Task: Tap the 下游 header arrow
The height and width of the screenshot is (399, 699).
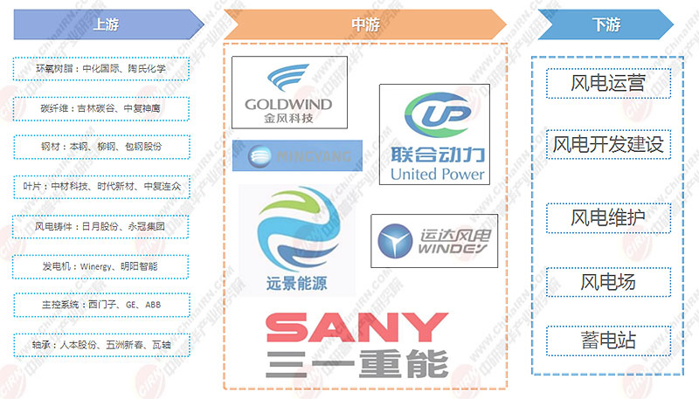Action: [x=606, y=24]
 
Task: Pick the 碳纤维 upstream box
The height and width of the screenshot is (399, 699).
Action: [x=101, y=108]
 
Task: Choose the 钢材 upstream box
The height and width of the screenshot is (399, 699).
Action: [x=101, y=147]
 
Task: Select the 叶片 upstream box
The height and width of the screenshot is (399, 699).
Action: [x=101, y=186]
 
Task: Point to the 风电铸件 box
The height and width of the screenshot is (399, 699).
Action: [x=101, y=225]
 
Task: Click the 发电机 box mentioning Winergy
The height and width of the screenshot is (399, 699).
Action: [x=101, y=265]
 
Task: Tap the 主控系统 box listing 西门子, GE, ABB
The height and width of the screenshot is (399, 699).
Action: [x=101, y=304]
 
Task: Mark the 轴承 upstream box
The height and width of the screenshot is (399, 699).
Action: [x=101, y=343]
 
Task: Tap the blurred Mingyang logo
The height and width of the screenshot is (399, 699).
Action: [x=297, y=157]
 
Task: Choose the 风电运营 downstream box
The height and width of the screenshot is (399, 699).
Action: [x=608, y=84]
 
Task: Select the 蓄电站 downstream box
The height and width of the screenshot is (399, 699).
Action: [x=608, y=340]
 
